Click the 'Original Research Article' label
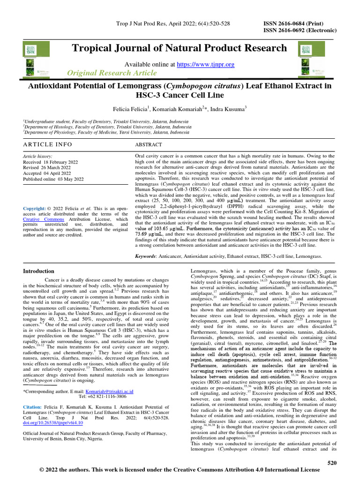click(x=112, y=73)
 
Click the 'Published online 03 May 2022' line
click(x=53, y=179)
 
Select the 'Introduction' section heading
click(x=38, y=271)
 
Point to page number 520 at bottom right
click(x=332, y=463)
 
